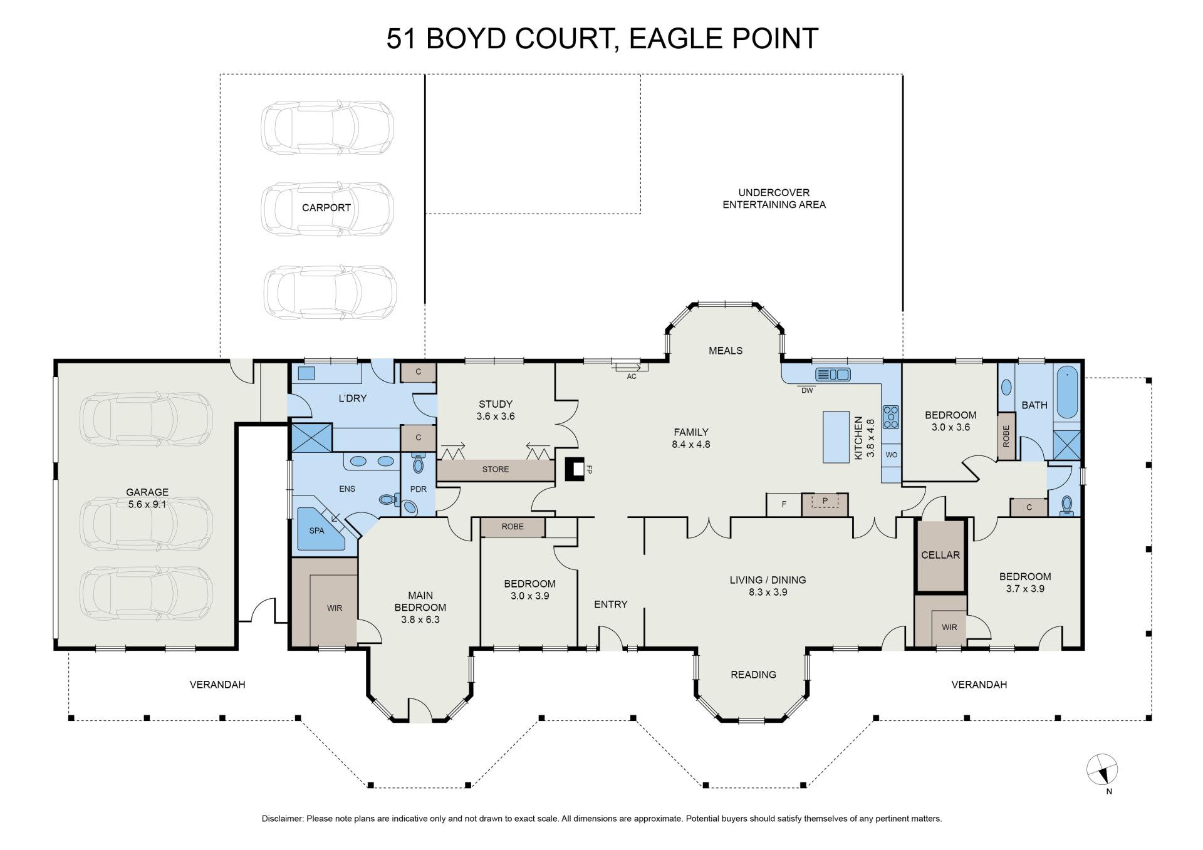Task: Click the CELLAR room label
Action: [x=940, y=555]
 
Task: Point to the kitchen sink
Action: [x=833, y=375]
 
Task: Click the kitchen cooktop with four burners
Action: [x=891, y=417]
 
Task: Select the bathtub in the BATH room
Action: [x=1067, y=393]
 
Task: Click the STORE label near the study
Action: [x=496, y=469]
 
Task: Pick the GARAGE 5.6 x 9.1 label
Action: [x=147, y=498]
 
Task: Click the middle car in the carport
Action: [x=328, y=209]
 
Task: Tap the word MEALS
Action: [x=726, y=351]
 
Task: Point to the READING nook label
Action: [x=753, y=675]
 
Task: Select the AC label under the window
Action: [x=632, y=376]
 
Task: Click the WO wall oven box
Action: [x=891, y=455]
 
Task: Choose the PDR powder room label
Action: [x=418, y=489]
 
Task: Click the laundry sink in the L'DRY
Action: [x=306, y=374]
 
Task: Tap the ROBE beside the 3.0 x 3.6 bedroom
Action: [x=1006, y=436]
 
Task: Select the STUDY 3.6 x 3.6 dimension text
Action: [x=496, y=416]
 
